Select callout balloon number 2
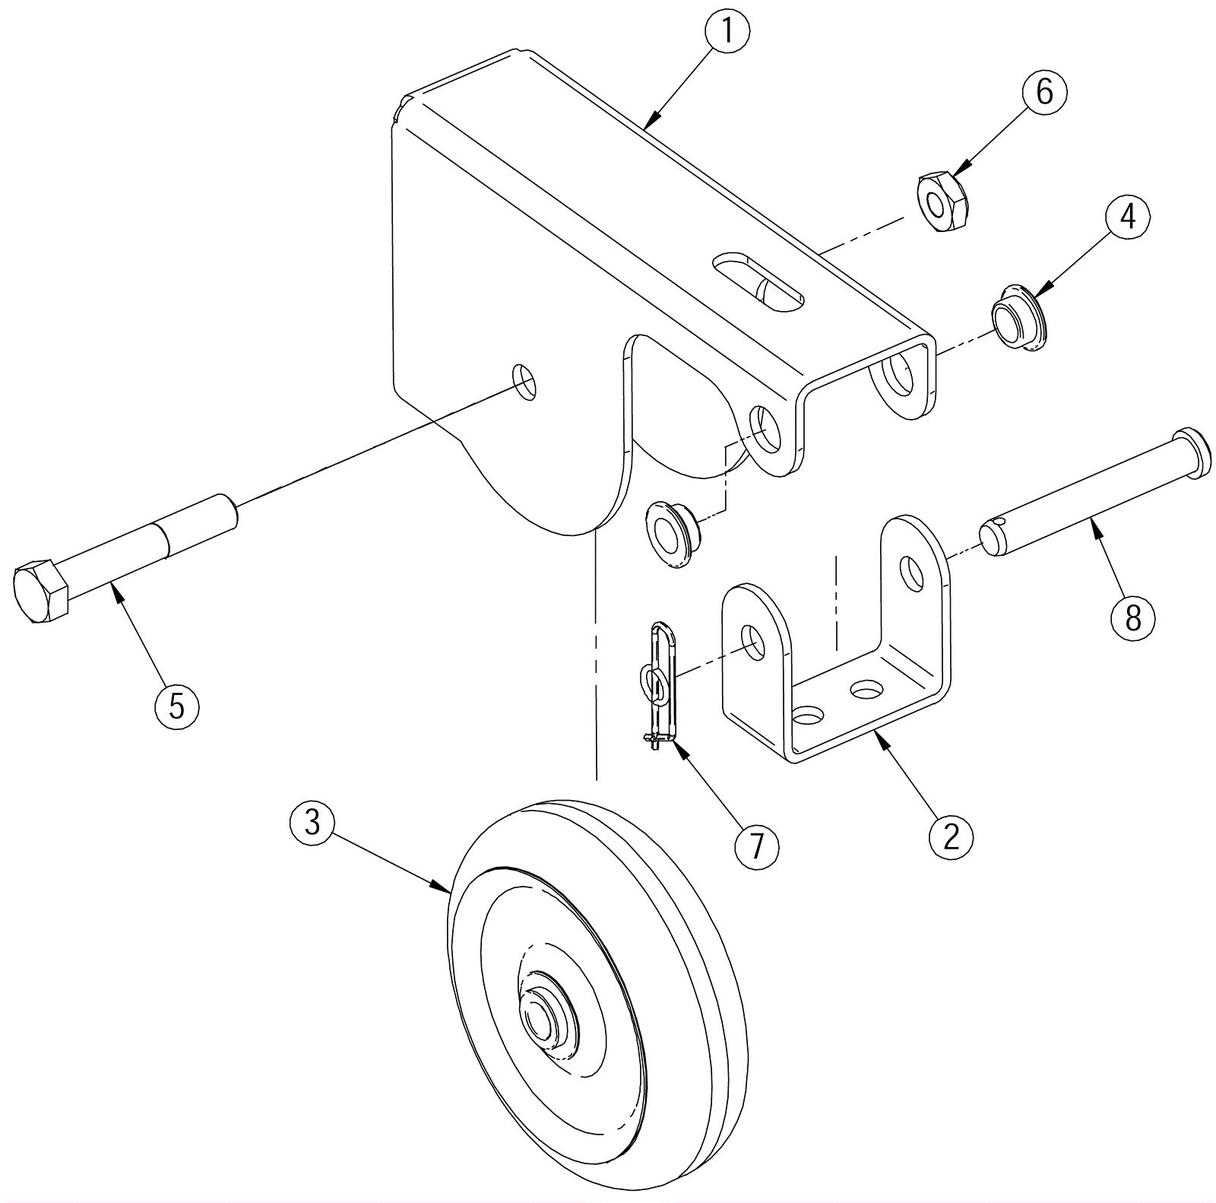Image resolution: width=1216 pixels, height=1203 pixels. pos(951,837)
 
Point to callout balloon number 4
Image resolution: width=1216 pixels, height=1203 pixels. pos(1128,217)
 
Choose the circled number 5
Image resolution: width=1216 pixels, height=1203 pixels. pos(176,706)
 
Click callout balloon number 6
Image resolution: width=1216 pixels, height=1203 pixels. pos(1045,92)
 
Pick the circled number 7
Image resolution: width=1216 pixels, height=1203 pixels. pos(757,846)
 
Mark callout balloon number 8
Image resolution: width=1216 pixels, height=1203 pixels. pos(1133,618)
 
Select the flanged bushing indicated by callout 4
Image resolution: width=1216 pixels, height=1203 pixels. pos(1018,317)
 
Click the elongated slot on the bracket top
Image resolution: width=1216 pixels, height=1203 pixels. pos(758,282)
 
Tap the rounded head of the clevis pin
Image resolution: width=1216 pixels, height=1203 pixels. pos(1192,453)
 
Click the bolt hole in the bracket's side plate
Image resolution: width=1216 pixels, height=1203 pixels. pos(524,381)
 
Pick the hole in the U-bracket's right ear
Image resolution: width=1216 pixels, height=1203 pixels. pos(910,573)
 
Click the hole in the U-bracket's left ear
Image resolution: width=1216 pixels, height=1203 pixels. pos(753,643)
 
